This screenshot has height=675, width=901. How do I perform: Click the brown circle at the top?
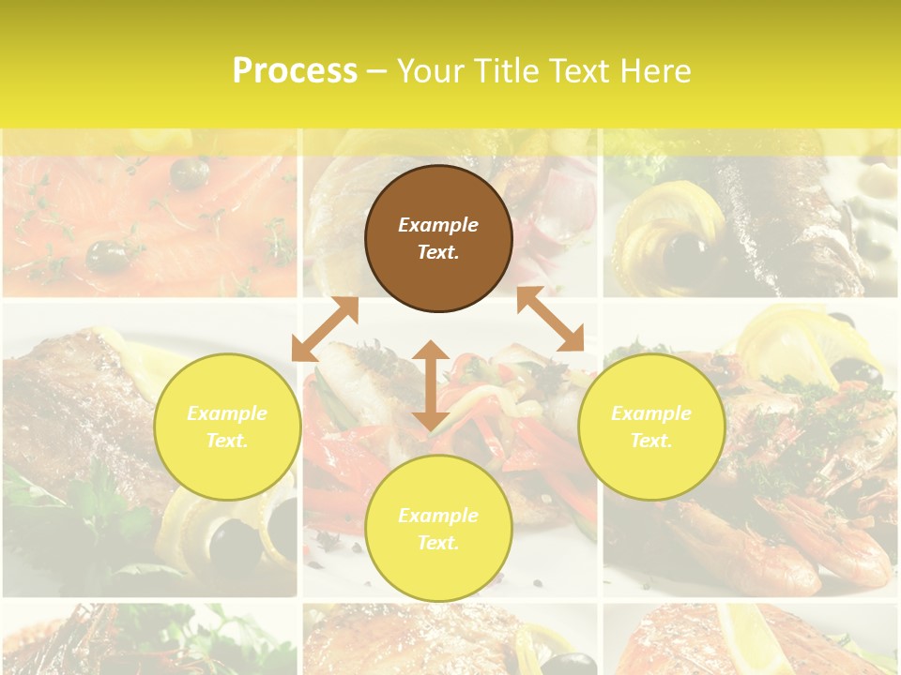tap(438, 238)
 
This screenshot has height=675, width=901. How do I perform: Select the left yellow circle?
tap(227, 427)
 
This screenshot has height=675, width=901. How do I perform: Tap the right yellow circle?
tap(651, 427)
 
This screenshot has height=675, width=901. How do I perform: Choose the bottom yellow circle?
tap(438, 529)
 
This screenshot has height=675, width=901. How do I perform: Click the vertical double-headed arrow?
tap(431, 385)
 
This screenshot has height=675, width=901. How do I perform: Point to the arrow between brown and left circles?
tap(325, 329)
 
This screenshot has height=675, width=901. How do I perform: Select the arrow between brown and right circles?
tap(550, 320)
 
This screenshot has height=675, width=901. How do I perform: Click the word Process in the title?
tap(295, 70)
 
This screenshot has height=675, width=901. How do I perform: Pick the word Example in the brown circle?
tap(438, 225)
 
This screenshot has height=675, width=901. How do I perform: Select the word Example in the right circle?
tap(651, 413)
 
